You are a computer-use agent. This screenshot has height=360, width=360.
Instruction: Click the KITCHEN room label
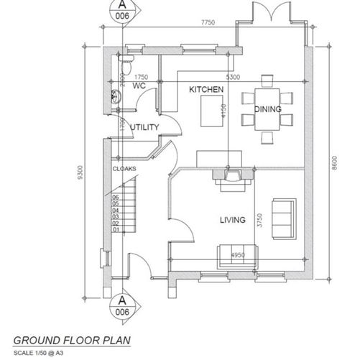tap(206, 89)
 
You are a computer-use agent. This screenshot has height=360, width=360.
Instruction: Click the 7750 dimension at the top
tap(208, 24)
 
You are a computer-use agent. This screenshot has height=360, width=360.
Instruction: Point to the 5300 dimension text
tap(233, 76)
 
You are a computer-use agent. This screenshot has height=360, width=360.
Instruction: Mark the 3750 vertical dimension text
tap(257, 219)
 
